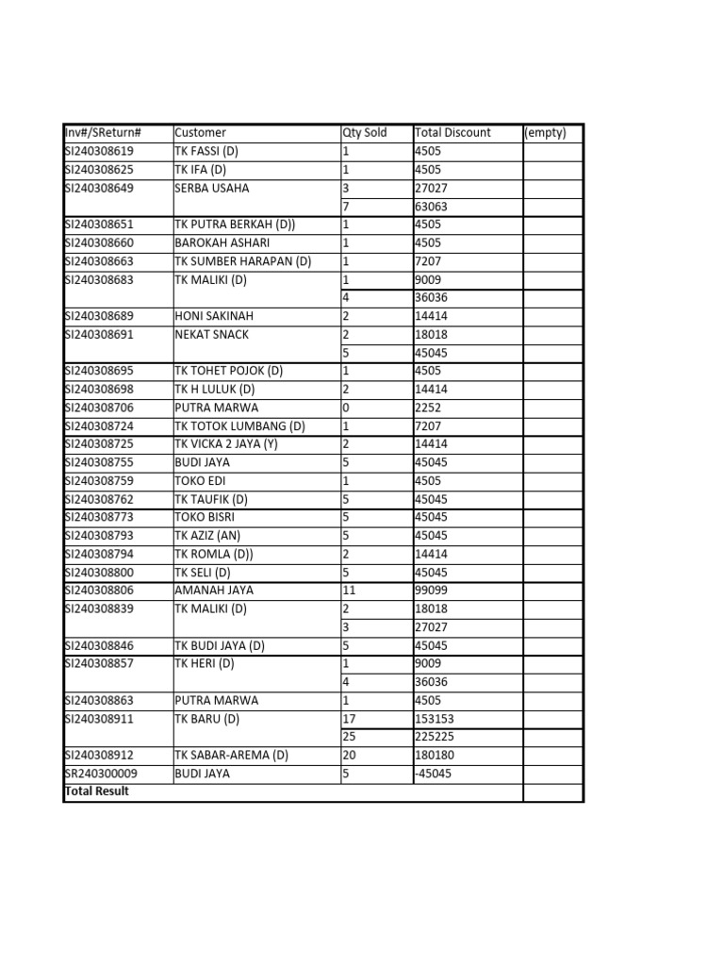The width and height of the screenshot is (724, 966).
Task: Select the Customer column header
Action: (200, 133)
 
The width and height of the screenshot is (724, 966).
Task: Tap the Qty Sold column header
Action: (364, 133)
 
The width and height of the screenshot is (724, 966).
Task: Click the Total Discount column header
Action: (452, 133)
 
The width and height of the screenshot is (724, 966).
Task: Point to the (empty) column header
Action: (545, 133)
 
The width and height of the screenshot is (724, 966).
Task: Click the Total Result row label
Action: (96, 791)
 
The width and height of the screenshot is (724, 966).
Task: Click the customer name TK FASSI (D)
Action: (206, 151)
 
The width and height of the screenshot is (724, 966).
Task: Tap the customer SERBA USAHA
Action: (212, 188)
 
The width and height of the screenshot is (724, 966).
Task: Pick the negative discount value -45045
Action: (434, 774)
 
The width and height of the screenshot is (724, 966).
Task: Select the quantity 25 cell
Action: (349, 737)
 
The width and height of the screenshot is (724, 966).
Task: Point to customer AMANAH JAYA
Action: (214, 591)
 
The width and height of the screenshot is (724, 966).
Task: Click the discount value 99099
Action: (432, 591)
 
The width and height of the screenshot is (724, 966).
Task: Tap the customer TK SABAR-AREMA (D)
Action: (231, 756)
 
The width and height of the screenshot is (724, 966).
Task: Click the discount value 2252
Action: (428, 408)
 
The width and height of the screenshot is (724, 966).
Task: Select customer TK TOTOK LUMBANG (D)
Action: (239, 425)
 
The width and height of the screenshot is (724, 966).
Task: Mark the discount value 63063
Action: (432, 207)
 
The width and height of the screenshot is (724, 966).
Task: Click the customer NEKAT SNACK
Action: (212, 334)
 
